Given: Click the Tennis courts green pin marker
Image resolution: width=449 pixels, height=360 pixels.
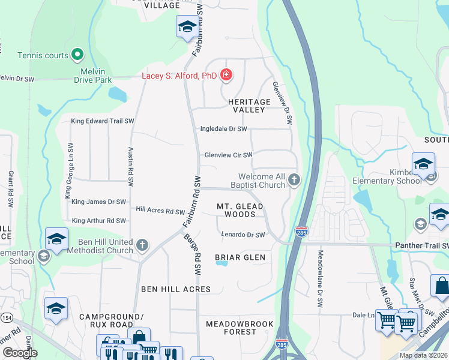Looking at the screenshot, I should [x=77, y=55].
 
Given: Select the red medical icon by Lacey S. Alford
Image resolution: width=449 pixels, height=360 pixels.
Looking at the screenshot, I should [x=226, y=75].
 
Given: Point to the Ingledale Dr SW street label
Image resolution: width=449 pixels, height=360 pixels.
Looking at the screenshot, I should [x=224, y=129].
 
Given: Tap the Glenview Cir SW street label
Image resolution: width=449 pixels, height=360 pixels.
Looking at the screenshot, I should [x=228, y=155].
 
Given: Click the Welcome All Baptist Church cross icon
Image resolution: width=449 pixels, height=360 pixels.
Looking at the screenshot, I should [x=294, y=179].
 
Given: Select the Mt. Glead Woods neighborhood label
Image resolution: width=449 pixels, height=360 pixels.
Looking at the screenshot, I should [x=240, y=210].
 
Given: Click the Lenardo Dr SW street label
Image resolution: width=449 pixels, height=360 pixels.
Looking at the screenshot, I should [x=243, y=235].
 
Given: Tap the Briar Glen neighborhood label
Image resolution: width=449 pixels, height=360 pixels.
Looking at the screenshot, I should [x=240, y=257].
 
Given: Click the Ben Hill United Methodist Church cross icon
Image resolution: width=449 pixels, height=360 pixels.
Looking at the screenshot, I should [x=142, y=245].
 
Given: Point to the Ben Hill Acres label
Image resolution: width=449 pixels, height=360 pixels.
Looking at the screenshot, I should [x=176, y=289].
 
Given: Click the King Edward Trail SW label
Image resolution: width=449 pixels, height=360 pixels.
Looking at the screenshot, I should [x=102, y=121].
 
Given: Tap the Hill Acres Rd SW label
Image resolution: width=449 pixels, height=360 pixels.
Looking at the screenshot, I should [x=160, y=211].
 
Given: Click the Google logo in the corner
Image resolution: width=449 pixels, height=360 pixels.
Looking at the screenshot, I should [x=20, y=353].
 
